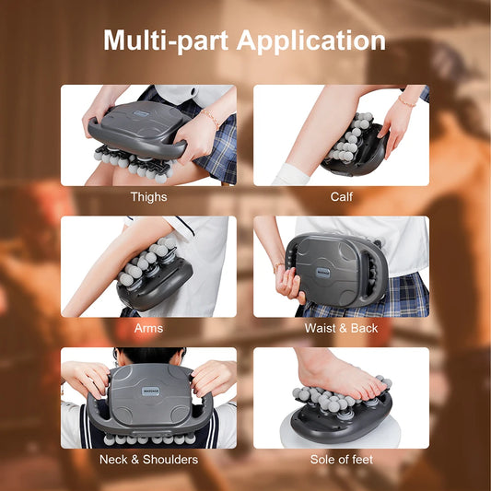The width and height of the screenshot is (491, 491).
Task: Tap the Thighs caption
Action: pos(148,196)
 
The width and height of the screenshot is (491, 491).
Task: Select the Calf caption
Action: pos(341,196)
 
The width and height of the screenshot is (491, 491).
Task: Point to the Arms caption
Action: pos(148,327)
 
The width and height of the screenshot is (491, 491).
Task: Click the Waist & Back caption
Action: pos(341,327)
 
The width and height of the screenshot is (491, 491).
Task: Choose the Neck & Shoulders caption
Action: pos(148,459)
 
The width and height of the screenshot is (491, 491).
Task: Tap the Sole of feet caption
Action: pos(341,459)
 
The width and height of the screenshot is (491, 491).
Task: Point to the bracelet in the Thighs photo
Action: pos(213,120)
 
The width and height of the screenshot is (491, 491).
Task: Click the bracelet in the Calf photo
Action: pos(407,100)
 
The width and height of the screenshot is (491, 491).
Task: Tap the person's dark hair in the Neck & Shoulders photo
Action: pos(148,355)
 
